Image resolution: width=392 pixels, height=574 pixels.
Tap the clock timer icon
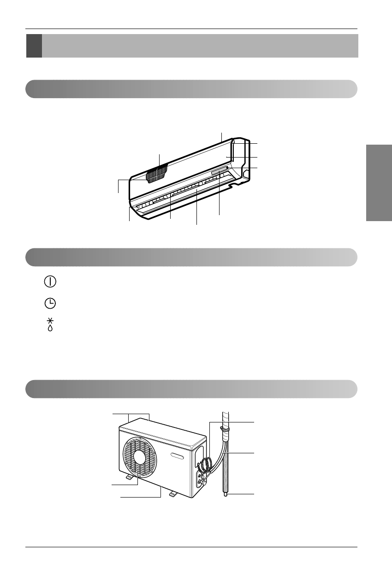(51, 303)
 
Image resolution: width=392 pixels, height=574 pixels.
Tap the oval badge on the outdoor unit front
(178, 456)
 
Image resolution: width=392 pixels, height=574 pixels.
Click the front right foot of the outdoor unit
(173, 494)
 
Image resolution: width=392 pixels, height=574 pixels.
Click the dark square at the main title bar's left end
(34, 46)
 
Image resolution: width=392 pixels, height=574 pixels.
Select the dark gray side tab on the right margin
(379, 183)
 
